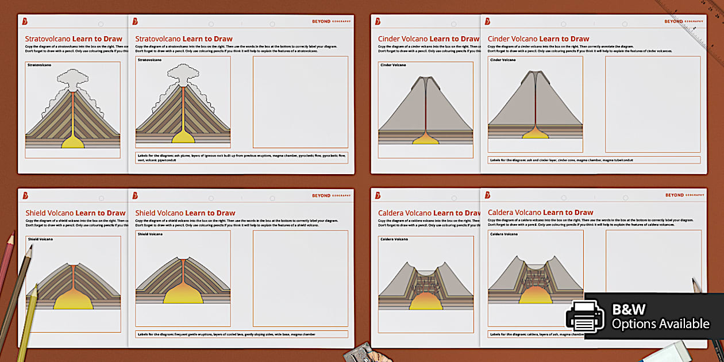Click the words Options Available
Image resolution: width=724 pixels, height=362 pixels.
[x=660, y=324]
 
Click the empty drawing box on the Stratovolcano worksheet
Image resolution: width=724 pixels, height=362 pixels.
[x=300, y=102]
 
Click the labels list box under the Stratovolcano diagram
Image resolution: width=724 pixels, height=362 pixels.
[x=241, y=157]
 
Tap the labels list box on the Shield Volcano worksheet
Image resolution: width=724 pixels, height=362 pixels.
[x=241, y=334]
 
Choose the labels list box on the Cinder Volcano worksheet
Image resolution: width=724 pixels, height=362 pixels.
[x=594, y=160]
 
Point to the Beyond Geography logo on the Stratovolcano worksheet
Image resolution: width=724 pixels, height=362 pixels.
[x=330, y=21]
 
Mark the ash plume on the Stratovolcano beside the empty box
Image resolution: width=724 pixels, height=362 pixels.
[x=182, y=75]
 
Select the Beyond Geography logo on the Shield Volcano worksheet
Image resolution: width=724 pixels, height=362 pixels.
[x=330, y=195]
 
